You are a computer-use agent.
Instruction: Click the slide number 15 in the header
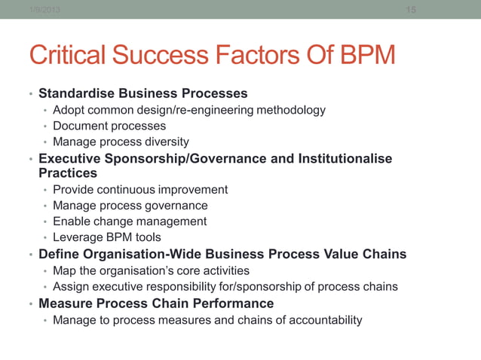tap(411, 10)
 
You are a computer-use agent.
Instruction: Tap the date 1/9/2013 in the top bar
tap(44, 10)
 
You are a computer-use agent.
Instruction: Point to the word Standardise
tap(75, 94)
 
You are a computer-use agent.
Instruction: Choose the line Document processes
tap(109, 127)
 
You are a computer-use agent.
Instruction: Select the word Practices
tap(68, 173)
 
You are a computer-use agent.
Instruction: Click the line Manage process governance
tap(130, 206)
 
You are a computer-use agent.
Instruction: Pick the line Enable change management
tap(129, 221)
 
